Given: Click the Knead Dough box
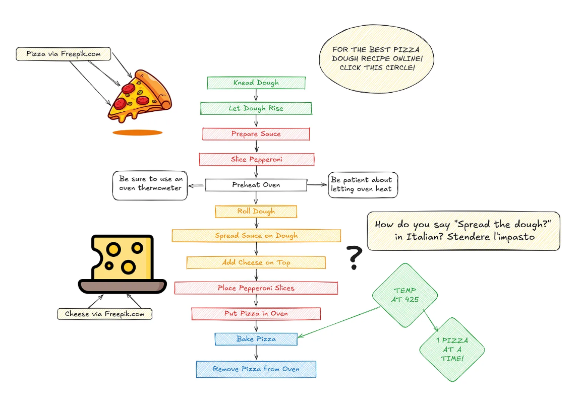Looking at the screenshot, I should coord(256,83).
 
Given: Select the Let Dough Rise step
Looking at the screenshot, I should coord(256,108).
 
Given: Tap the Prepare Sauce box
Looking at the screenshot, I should coord(256,134).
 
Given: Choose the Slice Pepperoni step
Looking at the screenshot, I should coord(256,160).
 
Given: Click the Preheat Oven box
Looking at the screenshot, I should coord(256,185).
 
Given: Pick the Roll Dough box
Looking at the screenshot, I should coord(256,211).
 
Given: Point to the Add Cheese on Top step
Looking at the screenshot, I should coord(256,262).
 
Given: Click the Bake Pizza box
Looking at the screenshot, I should coord(256,339).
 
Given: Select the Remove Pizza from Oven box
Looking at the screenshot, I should coord(256,369).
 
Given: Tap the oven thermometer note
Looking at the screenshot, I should coord(150,185).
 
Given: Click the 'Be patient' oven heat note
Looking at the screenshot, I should coord(363,185).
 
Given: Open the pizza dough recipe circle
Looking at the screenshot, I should coord(377,58).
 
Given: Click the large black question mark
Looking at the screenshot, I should coord(355,257).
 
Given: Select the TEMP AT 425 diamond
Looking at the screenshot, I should coord(405,296).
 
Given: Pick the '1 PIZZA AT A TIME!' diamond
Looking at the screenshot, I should coord(452,349).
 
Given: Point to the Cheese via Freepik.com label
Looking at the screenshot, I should coord(104,314).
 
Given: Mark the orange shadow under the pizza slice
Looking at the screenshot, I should coord(137,132).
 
